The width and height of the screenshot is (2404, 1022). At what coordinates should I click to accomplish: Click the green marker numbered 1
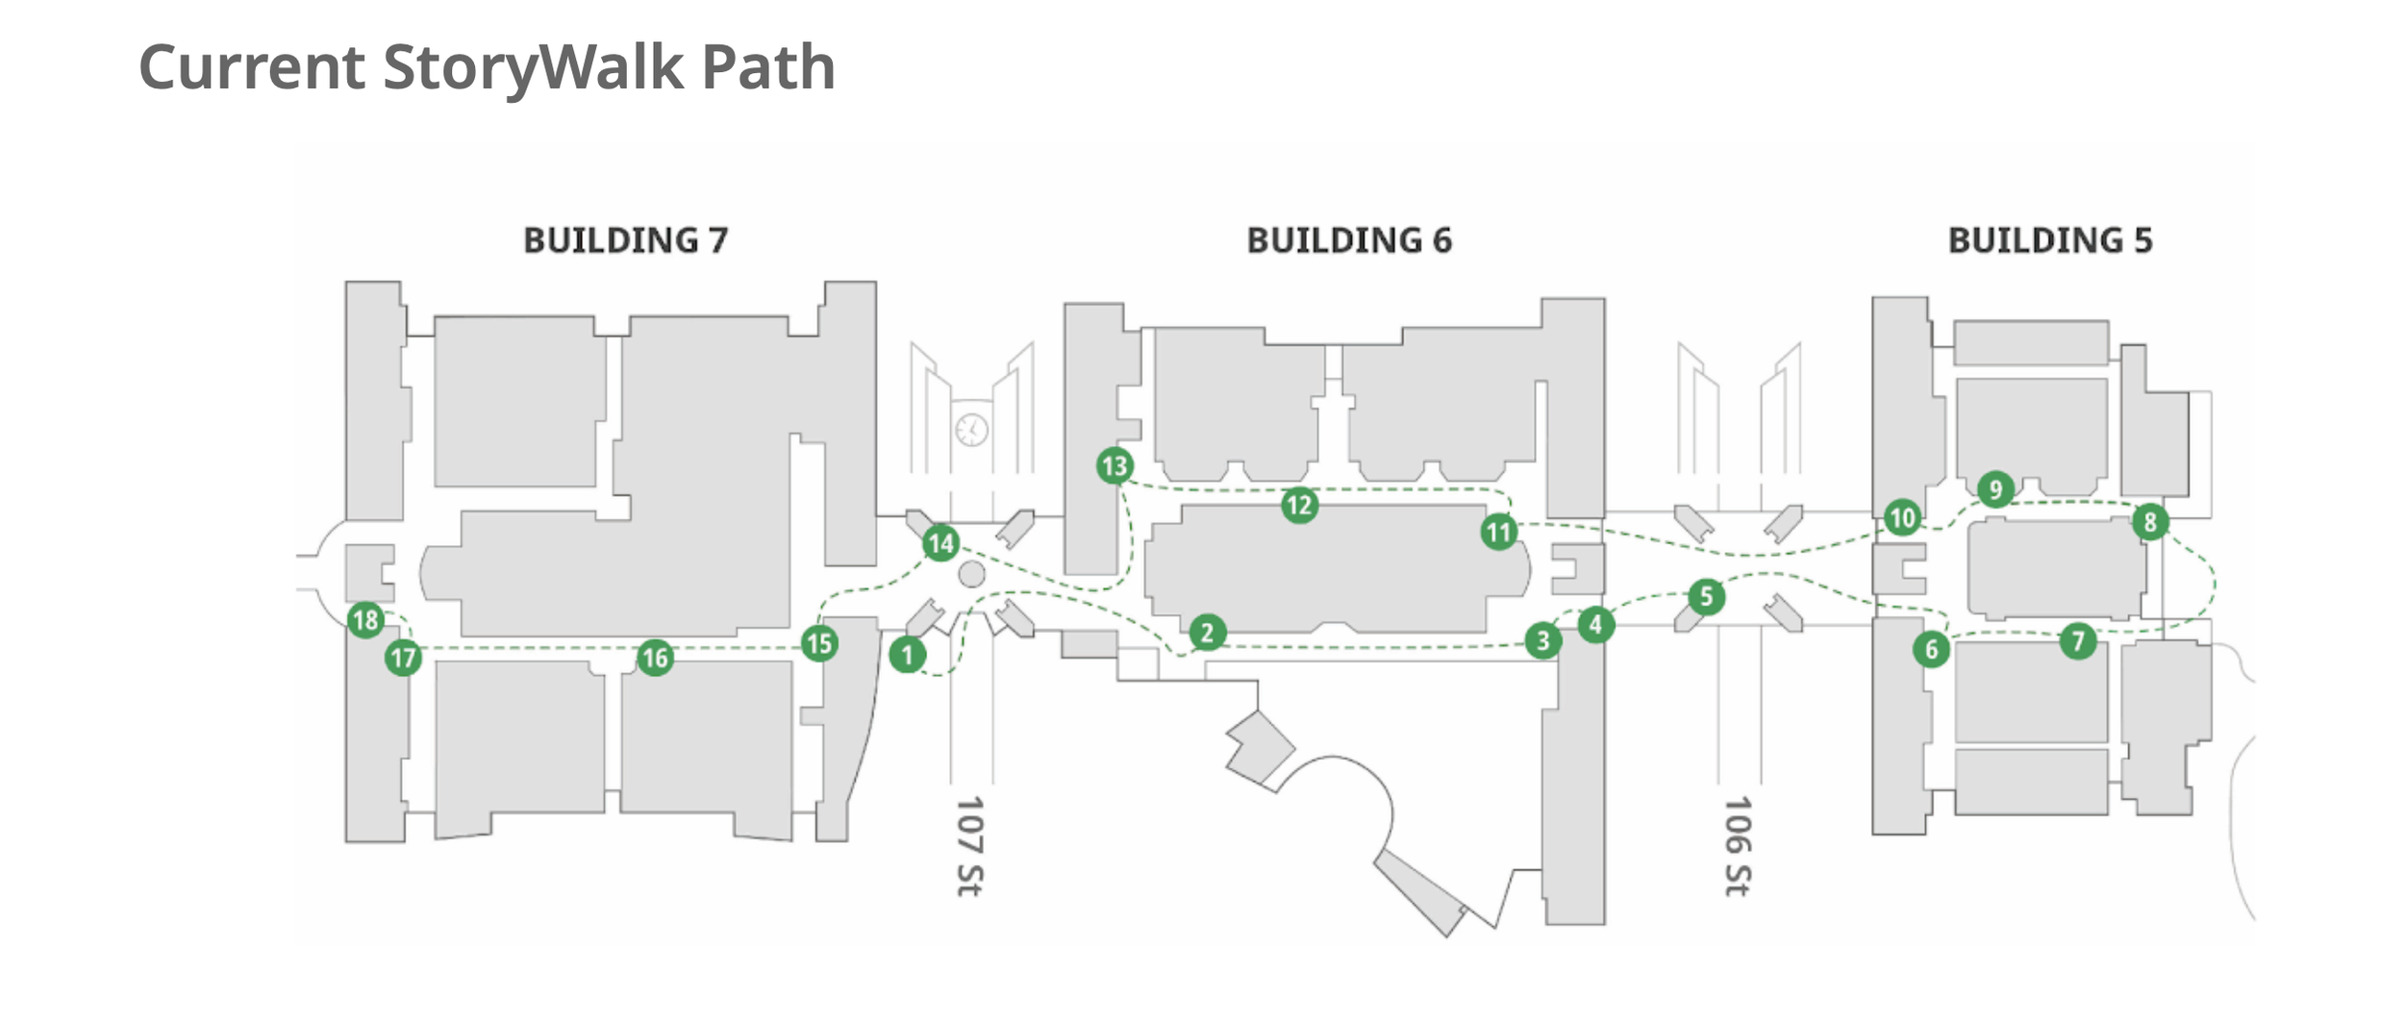907,656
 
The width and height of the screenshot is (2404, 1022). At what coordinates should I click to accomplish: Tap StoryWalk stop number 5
1706,596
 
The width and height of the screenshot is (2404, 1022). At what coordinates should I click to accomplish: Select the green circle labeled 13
1114,466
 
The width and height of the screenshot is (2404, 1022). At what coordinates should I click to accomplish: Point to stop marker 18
365,620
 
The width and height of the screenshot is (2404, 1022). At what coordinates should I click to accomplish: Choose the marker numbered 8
2150,522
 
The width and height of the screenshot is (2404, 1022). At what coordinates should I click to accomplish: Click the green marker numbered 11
1498,532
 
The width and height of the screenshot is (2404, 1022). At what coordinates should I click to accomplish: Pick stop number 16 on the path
655,658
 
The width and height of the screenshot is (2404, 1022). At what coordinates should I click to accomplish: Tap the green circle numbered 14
940,543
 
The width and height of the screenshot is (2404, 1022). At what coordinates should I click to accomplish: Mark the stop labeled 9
1995,489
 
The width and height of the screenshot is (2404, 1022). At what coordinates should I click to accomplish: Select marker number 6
1931,649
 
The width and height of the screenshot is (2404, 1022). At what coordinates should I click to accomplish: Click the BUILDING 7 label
625,240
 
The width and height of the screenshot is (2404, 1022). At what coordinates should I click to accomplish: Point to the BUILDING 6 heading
1349,240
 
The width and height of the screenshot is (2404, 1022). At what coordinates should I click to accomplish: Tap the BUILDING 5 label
2050,240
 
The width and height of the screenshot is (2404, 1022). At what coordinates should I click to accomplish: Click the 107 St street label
969,845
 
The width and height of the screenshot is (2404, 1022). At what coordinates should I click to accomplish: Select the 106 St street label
1738,845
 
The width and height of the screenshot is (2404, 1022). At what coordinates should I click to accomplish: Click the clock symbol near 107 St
971,429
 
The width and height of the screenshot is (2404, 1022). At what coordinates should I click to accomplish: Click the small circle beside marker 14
972,574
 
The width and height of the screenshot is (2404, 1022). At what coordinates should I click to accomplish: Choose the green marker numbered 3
1542,639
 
